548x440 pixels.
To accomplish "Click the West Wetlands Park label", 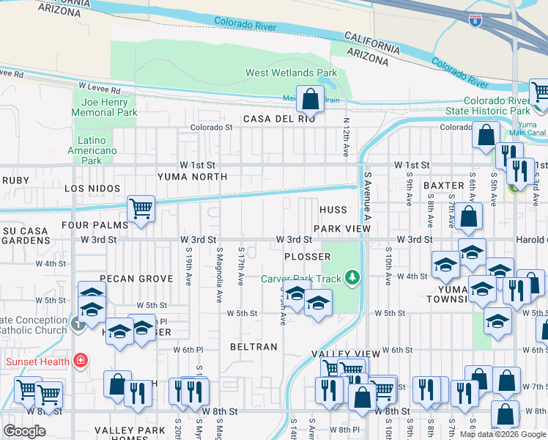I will [x=291, y=73].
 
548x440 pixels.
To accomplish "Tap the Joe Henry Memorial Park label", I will [x=104, y=107].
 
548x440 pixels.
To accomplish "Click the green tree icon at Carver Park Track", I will [x=353, y=276].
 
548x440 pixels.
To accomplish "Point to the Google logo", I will [x=24, y=430].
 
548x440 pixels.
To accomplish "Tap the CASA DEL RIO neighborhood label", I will [x=279, y=119].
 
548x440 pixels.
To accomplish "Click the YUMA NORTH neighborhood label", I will [x=192, y=177].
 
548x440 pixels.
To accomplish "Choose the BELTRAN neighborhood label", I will [x=253, y=347].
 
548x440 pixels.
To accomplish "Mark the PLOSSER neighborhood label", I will [x=308, y=257].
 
